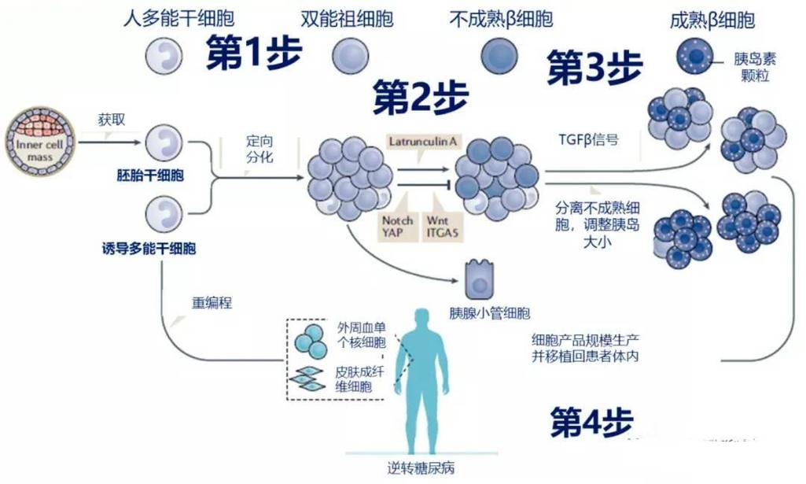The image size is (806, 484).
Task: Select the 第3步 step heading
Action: tap(595, 68)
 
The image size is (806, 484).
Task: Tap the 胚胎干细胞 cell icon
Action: tap(164, 142)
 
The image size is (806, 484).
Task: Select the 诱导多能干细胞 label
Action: tap(149, 249)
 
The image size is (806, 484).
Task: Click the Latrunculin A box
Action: tap(422, 141)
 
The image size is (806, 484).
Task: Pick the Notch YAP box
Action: tap(397, 226)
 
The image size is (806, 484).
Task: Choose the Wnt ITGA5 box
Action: tap(443, 226)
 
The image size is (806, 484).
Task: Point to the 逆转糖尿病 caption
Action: tap(421, 468)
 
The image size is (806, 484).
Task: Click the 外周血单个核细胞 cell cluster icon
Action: tap(310, 342)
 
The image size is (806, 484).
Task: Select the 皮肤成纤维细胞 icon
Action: tap(309, 379)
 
